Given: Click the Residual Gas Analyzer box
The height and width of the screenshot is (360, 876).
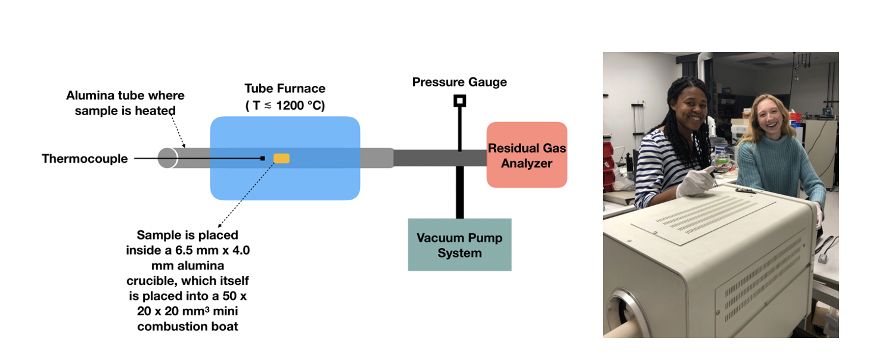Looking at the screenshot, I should click(527, 155).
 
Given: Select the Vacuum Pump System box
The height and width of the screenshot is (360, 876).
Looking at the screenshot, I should click(459, 245).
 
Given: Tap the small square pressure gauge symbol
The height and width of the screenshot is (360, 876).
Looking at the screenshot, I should click(459, 101).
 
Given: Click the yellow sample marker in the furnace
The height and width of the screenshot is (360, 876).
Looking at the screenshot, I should click(281, 158).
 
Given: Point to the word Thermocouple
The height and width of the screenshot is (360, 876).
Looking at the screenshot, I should click(85, 159).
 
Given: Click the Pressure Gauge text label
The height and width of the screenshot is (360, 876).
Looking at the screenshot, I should click(459, 82).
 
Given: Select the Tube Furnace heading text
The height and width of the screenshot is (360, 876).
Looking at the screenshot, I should click(285, 89).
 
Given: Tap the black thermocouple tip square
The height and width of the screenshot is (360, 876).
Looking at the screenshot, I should click(262, 158).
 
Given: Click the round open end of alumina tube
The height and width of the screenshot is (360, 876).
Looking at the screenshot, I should click(167, 158).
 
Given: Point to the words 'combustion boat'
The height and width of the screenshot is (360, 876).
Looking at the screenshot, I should click(188, 326).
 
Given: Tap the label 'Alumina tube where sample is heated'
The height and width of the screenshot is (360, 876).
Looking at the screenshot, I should click(125, 103).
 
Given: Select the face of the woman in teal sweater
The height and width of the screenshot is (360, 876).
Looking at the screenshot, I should click(763, 119).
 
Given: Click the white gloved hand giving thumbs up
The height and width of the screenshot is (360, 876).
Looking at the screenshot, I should click(695, 180).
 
